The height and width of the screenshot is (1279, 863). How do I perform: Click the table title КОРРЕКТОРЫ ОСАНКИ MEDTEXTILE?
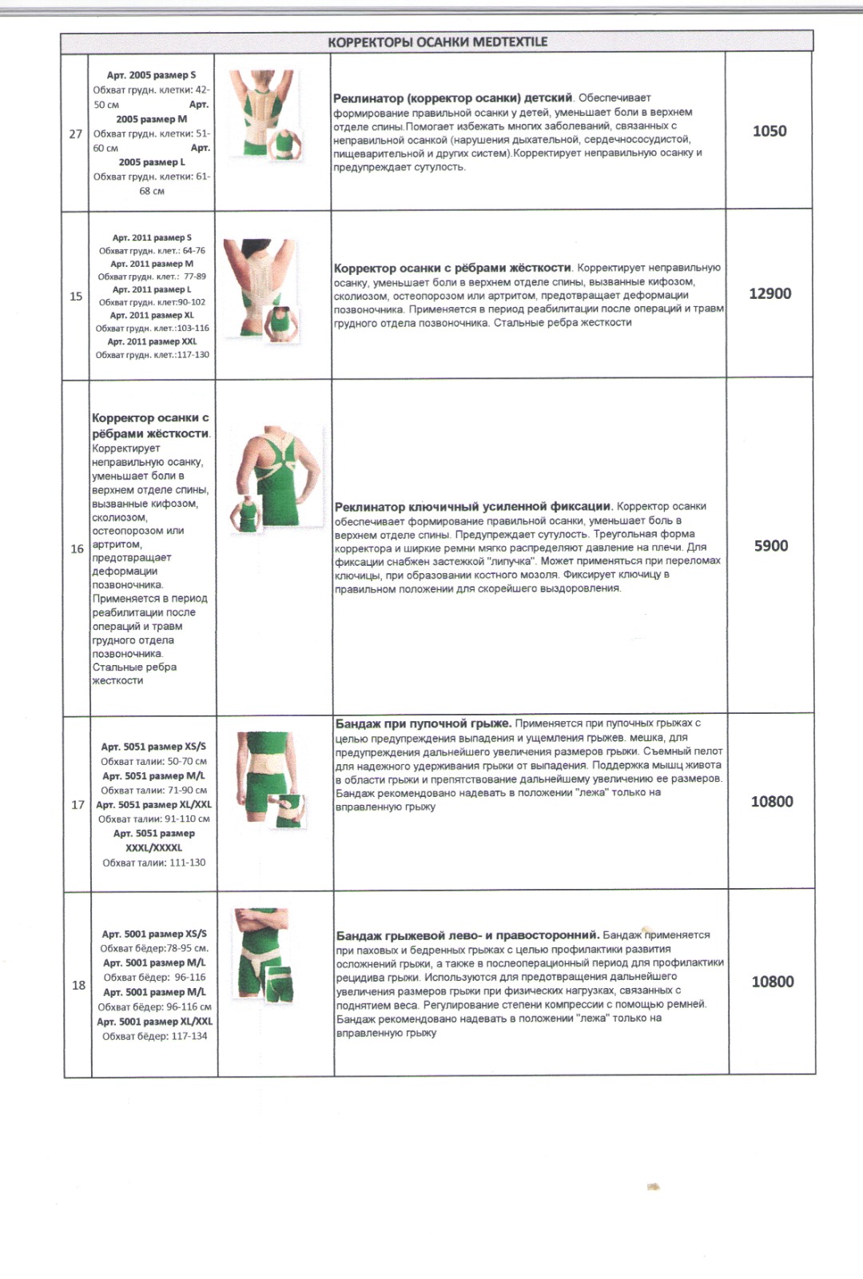point(437,42)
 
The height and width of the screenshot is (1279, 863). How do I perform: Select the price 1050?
point(770,131)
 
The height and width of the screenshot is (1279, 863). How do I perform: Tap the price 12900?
point(770,293)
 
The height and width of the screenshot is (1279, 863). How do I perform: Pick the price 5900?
point(771,546)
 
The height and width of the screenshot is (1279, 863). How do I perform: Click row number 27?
point(75,133)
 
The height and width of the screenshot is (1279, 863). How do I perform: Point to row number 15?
point(76,296)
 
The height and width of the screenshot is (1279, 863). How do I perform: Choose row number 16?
point(77,548)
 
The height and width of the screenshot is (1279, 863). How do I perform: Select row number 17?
point(78,804)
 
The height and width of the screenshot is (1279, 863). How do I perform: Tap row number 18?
point(78,985)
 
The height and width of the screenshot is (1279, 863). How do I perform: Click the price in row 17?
point(772,802)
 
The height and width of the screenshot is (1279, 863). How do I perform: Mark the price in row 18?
point(773,982)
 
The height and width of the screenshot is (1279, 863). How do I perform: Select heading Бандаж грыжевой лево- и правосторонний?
point(467,934)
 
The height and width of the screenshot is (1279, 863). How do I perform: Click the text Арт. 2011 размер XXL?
point(152,341)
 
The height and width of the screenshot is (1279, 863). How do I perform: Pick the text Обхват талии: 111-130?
point(153,863)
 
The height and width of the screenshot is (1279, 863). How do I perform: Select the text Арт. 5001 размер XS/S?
point(154,934)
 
